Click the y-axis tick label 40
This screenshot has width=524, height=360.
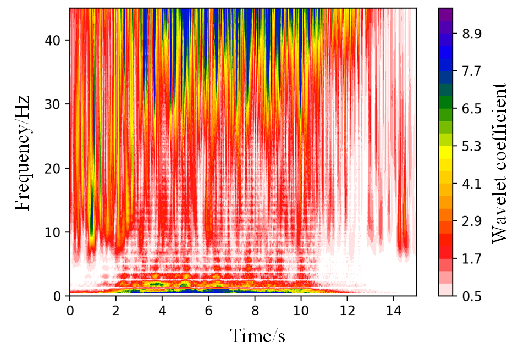click(x=54, y=41)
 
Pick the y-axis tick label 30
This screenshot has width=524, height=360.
click(x=54, y=104)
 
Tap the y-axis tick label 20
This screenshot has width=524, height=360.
click(x=54, y=168)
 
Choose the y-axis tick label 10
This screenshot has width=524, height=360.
click(x=54, y=232)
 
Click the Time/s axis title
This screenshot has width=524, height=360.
click(x=257, y=335)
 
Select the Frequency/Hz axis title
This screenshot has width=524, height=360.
click(x=22, y=152)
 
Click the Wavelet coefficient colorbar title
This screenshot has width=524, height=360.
click(x=499, y=163)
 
